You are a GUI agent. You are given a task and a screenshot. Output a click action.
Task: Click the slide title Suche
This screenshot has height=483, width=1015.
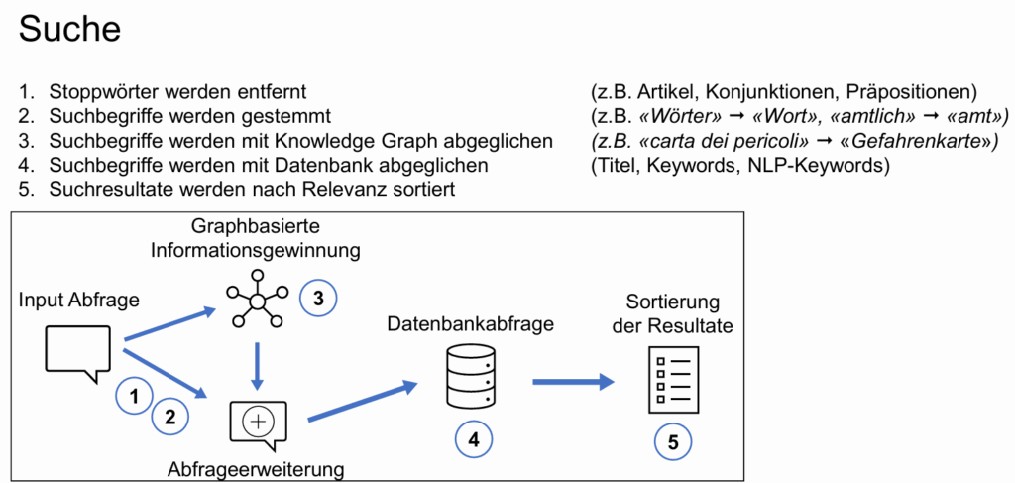[x=69, y=29]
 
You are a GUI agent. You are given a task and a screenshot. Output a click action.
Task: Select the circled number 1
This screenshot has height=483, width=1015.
[x=135, y=397]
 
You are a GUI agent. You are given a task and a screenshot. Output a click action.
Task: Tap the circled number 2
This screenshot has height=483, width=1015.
[x=170, y=418]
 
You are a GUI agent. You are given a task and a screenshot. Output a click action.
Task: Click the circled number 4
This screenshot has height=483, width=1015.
[x=474, y=439]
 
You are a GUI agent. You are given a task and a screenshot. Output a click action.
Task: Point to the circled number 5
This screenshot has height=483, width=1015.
[x=673, y=442]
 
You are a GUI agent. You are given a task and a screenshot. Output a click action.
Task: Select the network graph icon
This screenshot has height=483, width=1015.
[x=257, y=299]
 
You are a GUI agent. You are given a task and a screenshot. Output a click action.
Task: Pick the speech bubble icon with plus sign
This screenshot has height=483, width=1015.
[x=258, y=422]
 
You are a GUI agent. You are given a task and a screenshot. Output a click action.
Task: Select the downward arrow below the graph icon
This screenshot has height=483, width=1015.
[x=258, y=365]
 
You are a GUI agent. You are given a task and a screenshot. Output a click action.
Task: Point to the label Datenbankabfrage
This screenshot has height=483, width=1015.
[x=470, y=324]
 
